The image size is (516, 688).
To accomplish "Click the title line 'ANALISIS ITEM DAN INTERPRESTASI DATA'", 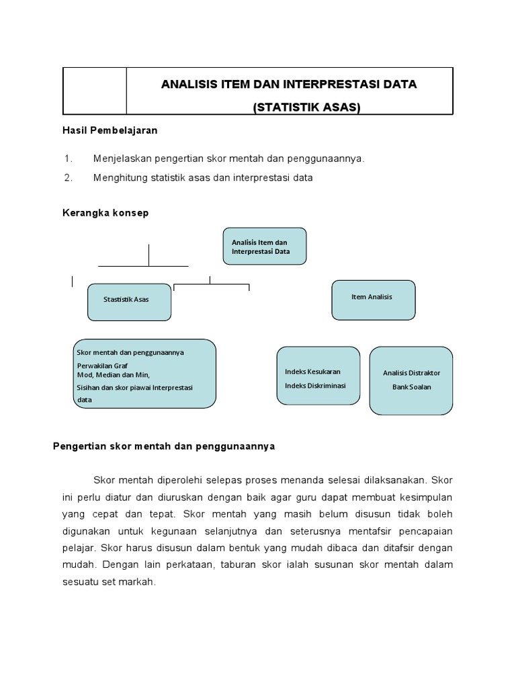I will [289, 85].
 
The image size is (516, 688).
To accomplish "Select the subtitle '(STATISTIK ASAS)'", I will [306, 107].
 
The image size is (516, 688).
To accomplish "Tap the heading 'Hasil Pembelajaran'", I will [110, 130].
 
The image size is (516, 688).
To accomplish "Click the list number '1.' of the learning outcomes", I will [68, 159].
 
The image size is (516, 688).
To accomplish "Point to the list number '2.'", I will [68, 177].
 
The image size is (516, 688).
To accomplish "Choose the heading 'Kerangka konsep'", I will [105, 213].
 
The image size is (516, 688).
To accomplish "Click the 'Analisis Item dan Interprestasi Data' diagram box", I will [264, 246].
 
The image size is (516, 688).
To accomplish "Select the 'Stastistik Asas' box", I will [129, 302].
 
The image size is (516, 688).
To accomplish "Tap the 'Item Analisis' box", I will [373, 300].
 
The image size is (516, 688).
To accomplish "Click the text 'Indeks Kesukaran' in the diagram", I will [312, 372].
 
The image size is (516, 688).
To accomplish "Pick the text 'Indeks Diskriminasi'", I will [315, 385].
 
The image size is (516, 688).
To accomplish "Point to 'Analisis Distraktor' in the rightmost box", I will [411, 373].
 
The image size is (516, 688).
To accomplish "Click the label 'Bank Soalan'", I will [411, 387].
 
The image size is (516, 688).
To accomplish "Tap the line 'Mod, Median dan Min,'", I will [114, 375].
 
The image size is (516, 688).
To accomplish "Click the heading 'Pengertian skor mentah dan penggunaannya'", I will [164, 446].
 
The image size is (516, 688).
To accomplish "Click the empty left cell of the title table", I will [95, 91].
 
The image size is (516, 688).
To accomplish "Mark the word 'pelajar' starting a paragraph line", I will [76, 548].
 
